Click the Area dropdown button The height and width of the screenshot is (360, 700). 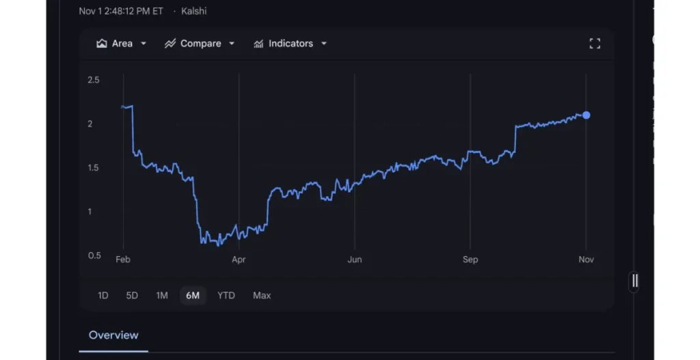point(122,44)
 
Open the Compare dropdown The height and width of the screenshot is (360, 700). point(200,44)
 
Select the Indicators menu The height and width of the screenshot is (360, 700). point(290,44)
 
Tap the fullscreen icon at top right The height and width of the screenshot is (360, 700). point(595,44)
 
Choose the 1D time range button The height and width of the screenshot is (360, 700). point(103,296)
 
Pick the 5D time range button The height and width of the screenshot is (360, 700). point(132,296)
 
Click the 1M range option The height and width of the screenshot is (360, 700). point(161,296)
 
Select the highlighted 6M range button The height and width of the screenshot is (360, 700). point(193,296)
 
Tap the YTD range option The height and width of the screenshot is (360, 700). point(226,296)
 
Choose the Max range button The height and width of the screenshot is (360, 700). point(262,296)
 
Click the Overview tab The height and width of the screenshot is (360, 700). point(113,335)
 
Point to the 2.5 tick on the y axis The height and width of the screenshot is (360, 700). point(94,80)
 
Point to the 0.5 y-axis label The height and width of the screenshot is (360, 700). point(94,255)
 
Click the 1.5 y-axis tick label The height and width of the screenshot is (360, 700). point(94,168)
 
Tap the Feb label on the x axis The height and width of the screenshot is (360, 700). point(123,260)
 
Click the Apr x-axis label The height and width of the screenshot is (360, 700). point(239,260)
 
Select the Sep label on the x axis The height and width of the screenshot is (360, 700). point(470,260)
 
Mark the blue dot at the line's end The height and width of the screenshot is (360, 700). point(587,115)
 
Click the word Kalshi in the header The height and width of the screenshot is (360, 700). point(194,11)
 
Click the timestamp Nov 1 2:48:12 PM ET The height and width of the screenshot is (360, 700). point(121,11)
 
